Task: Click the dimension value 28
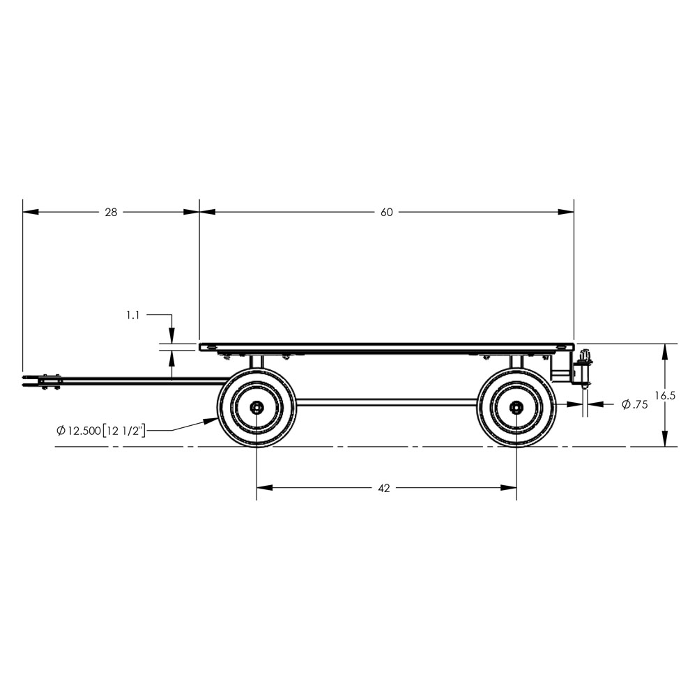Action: click(111, 213)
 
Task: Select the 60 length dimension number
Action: click(387, 213)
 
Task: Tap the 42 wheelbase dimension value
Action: click(383, 488)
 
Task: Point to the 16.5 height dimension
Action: click(665, 396)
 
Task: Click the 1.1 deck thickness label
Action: click(132, 316)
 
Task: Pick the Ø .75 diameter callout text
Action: click(635, 404)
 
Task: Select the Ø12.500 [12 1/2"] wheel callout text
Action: click(101, 431)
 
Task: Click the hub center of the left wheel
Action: click(256, 407)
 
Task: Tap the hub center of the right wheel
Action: click(516, 407)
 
